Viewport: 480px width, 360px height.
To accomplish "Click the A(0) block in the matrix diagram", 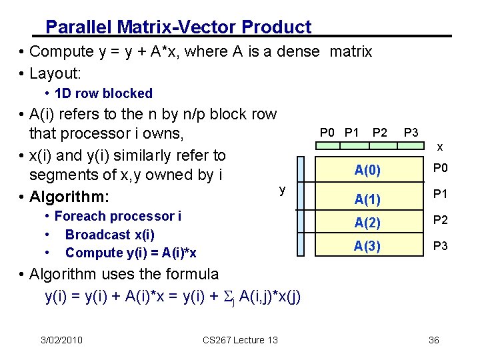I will tap(367, 171).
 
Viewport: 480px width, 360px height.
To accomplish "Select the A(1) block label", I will tap(367, 199).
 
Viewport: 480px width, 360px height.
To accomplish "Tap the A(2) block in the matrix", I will tap(367, 223).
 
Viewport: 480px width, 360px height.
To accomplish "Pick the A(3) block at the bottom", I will tap(367, 246).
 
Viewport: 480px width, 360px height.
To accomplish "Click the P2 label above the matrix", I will tap(380, 132).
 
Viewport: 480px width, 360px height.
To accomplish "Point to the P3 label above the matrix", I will tap(411, 132).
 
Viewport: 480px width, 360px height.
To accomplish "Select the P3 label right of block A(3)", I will tap(441, 246).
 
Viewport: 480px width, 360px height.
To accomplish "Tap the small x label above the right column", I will tap(440, 146).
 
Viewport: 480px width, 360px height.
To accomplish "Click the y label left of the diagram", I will tap(282, 190).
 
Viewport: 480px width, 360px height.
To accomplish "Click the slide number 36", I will tap(434, 340).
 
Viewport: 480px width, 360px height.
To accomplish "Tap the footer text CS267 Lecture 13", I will tap(240, 340).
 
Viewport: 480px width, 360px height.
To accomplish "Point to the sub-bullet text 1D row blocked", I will tap(103, 93).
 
